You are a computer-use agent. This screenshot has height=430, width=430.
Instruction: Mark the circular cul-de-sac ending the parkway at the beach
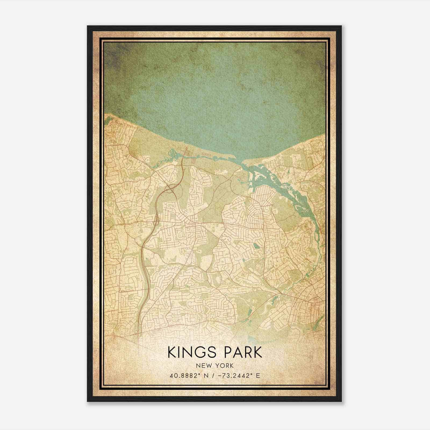tap(187, 148)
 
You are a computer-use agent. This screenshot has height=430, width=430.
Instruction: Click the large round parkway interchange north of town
tap(171, 188)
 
